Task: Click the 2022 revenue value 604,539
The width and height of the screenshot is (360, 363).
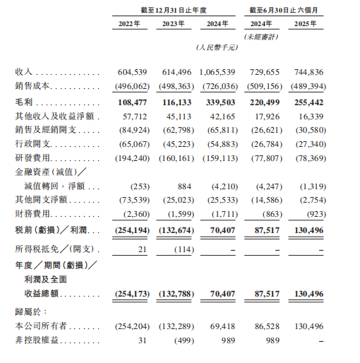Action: point(132,73)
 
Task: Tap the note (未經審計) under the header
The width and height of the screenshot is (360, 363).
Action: point(264,37)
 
